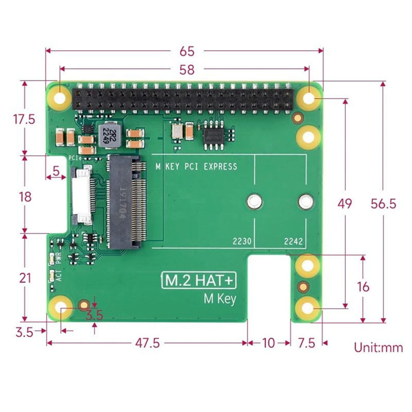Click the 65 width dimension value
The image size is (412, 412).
pos(186,51)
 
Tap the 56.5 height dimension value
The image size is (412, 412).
pos(383,203)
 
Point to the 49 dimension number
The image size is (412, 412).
pos(344,203)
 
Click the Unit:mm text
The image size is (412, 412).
pos(378,347)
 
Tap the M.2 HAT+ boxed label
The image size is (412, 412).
pos(198,281)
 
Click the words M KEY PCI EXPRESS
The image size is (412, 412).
pos(196,166)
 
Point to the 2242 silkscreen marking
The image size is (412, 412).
pos(293,241)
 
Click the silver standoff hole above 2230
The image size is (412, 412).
pos(253,201)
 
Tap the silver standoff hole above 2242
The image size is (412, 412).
pos(305,201)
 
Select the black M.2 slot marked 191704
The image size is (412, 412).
pos(126,202)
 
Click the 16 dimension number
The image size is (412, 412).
pos(363,286)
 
